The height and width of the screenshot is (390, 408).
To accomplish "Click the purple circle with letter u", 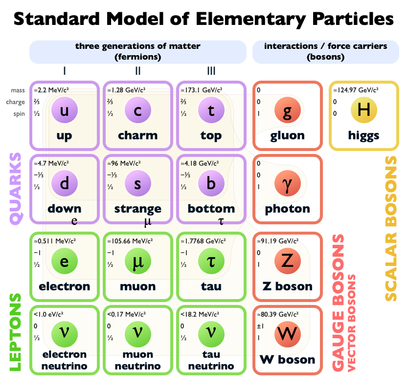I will (x=64, y=110).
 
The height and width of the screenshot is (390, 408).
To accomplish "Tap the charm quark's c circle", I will (x=137, y=110).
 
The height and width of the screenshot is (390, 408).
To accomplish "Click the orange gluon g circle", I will (x=287, y=110).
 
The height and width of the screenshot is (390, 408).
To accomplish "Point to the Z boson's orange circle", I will (x=287, y=261).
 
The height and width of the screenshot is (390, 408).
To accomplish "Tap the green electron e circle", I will (x=64, y=261).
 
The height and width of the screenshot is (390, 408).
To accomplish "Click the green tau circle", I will (x=211, y=261).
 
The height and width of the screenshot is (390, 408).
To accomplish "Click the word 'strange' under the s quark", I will (x=137, y=209).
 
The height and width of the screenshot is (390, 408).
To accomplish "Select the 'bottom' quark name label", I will (x=211, y=209).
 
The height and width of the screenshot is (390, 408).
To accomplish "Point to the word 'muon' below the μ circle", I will (x=137, y=286).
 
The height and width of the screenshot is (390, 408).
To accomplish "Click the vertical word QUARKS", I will (x=16, y=189).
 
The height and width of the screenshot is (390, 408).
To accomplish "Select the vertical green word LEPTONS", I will (x=16, y=332).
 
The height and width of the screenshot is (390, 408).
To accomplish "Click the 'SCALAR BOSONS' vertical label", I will (x=391, y=228).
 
